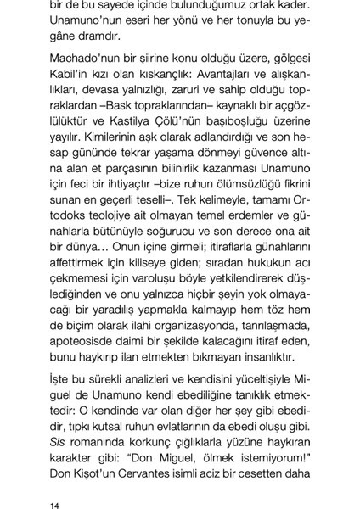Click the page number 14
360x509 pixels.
tap(55, 484)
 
